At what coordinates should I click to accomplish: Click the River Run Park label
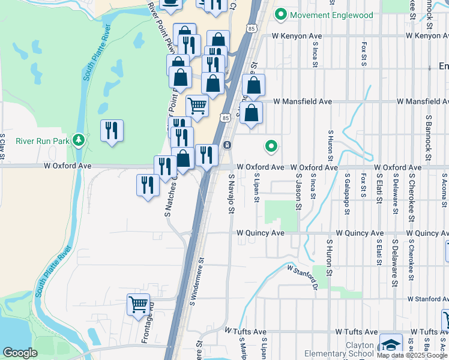(x=41, y=142)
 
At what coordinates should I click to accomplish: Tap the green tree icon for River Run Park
(x=78, y=140)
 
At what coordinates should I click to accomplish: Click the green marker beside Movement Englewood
(x=280, y=14)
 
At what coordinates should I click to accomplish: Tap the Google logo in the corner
(x=20, y=353)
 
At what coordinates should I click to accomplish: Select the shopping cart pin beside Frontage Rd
(x=138, y=305)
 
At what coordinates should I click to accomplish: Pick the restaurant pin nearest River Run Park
(x=112, y=130)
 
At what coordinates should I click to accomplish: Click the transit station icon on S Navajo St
(x=228, y=145)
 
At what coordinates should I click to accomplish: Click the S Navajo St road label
(x=231, y=194)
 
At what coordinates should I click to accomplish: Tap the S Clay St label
(x=2, y=147)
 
